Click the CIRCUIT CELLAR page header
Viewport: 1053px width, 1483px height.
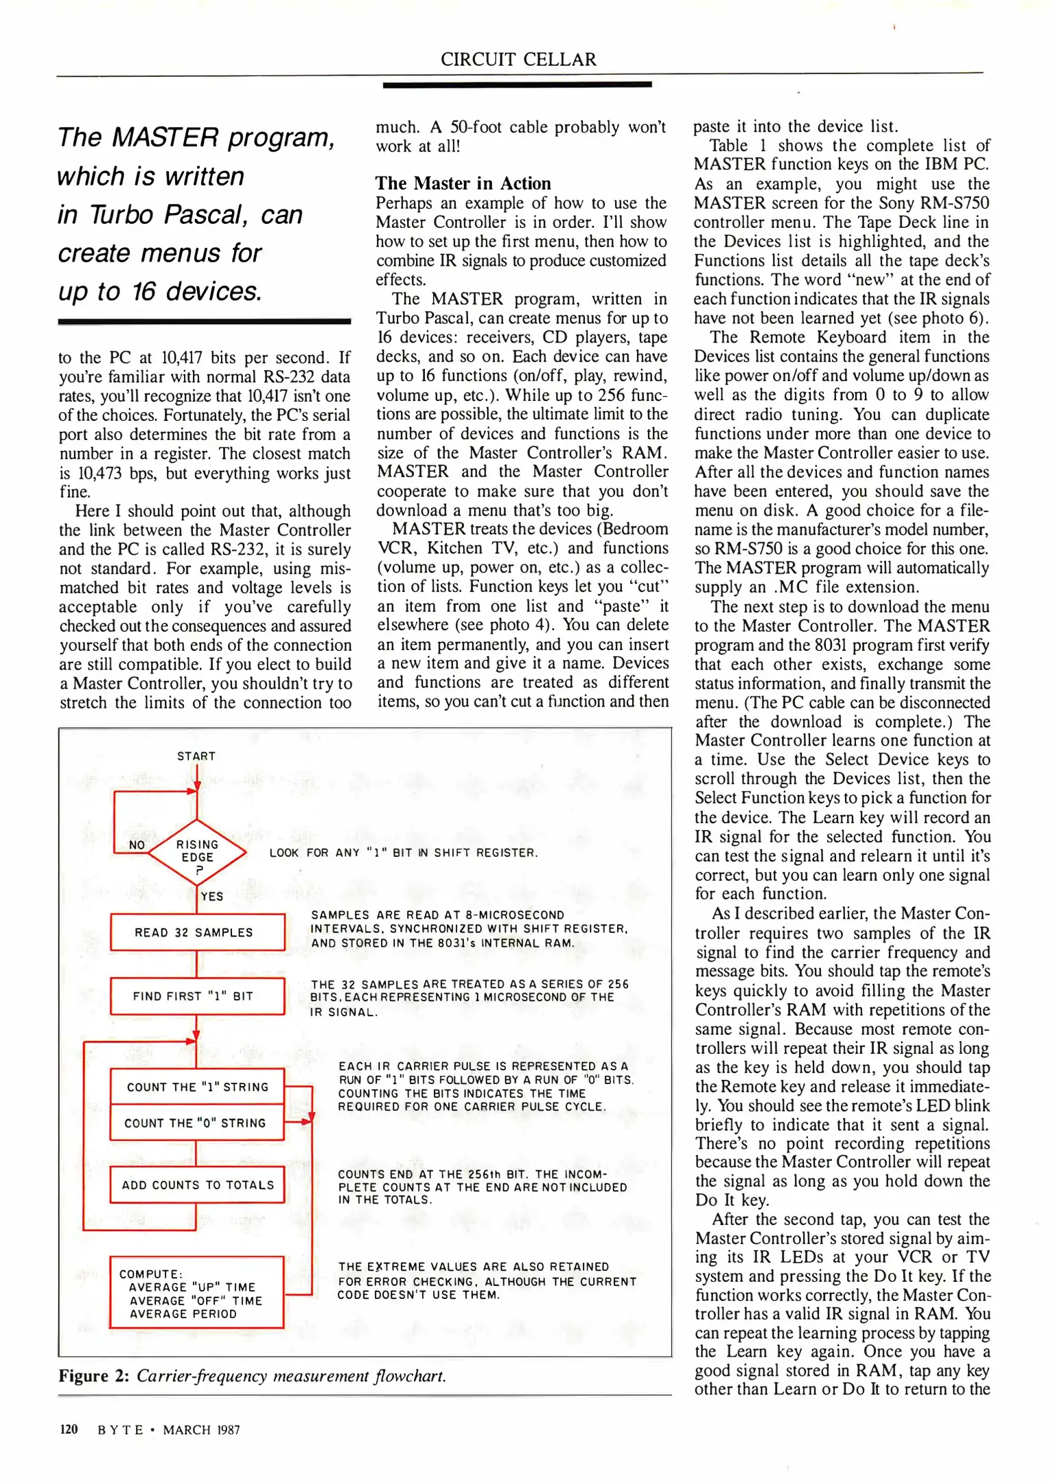click(518, 60)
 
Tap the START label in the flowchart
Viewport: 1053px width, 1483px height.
click(196, 756)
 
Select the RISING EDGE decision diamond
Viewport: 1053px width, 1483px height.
click(198, 852)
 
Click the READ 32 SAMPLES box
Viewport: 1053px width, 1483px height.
click(197, 932)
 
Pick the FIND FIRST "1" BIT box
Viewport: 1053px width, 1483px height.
click(197, 996)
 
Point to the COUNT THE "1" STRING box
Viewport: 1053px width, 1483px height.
click(197, 1087)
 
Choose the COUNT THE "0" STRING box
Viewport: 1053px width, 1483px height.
click(197, 1123)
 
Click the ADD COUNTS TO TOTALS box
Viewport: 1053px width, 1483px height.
click(197, 1185)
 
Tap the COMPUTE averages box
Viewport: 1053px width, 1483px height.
click(197, 1294)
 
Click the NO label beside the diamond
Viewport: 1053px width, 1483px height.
click(137, 845)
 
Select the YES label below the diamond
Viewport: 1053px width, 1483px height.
click(212, 897)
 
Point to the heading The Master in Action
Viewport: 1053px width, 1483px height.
click(463, 183)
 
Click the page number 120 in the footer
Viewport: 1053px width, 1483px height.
click(69, 1429)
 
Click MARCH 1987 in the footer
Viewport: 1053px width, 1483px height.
click(201, 1430)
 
